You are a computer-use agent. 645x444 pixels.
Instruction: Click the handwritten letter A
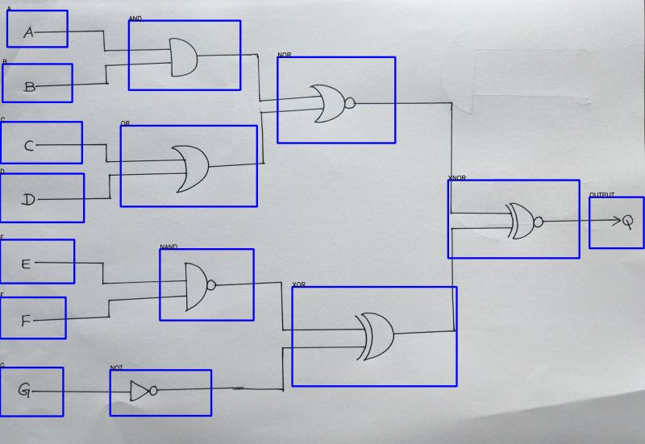29,32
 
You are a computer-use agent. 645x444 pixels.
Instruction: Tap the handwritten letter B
30,86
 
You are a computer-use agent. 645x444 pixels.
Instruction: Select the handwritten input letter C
29,146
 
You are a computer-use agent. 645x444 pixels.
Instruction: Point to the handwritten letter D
28,200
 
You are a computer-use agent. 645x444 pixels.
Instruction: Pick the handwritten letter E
26,263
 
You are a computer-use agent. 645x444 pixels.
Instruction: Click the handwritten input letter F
26,321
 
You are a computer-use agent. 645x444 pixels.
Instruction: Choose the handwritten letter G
24,391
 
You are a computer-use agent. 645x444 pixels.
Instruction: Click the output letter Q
626,221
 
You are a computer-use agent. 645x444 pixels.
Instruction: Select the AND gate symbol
183,56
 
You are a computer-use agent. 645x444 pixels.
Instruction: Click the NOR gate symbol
329,102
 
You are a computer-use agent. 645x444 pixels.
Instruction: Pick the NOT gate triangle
140,391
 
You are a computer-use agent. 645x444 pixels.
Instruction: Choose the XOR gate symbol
376,336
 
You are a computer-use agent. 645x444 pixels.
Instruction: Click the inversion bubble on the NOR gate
349,102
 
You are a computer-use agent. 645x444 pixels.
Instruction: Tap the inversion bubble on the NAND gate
211,284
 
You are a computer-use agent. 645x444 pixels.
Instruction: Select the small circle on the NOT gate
153,391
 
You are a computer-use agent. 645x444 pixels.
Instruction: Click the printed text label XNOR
457,178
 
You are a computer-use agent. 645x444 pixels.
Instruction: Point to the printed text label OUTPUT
601,195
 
